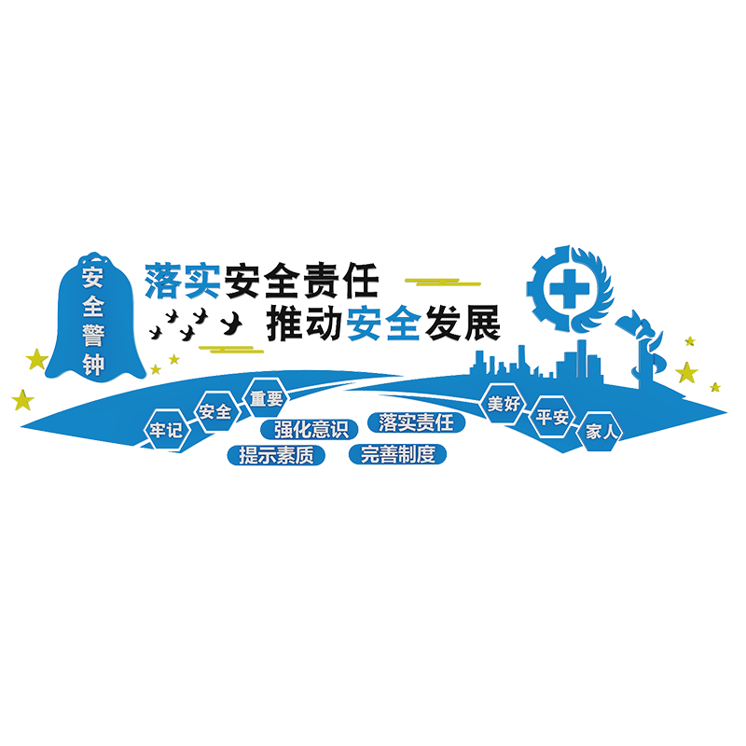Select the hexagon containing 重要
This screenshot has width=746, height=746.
click(266, 399)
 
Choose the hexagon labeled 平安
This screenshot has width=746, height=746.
click(551, 418)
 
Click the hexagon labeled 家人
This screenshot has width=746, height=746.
click(601, 432)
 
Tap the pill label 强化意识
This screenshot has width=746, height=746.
click(311, 430)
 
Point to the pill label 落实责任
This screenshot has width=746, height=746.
click(417, 421)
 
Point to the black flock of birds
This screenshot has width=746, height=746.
click(200, 324)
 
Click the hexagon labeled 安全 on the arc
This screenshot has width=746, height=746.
click(214, 412)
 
